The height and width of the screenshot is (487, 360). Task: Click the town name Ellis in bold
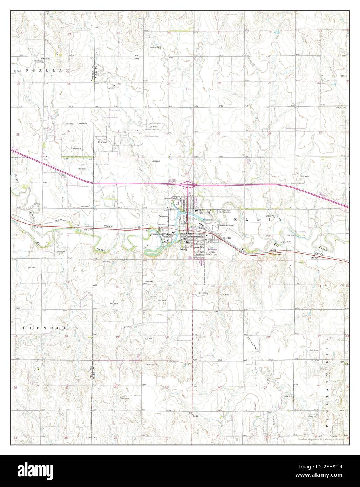pos(211,252)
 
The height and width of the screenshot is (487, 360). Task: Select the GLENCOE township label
pos(45,328)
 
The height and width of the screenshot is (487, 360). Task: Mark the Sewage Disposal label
pos(226,225)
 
